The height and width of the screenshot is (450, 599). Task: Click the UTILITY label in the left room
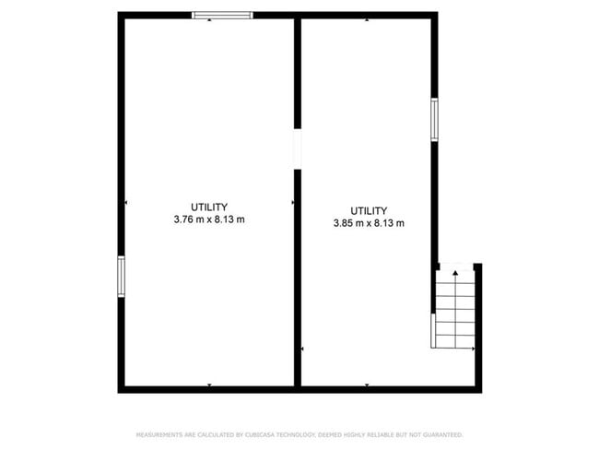click(x=209, y=207)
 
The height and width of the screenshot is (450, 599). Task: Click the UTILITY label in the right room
click(x=369, y=210)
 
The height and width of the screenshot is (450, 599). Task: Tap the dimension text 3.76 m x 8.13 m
click(x=209, y=219)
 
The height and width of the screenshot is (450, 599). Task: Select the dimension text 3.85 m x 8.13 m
click(x=369, y=223)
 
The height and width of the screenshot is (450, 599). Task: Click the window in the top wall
click(x=221, y=15)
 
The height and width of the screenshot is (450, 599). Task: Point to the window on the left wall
click(x=121, y=277)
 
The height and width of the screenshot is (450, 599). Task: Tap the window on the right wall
click(x=434, y=119)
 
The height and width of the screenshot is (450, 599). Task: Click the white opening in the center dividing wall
click(x=297, y=148)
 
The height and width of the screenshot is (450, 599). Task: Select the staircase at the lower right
click(x=454, y=309)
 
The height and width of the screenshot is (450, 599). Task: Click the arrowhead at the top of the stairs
click(x=455, y=274)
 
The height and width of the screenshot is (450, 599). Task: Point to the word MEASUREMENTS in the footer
click(x=159, y=434)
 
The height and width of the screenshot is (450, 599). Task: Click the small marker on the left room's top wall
click(x=210, y=19)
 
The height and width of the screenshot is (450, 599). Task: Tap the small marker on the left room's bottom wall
click(x=210, y=385)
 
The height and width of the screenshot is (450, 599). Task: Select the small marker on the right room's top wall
click(x=367, y=19)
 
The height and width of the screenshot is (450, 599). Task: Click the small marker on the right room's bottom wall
click(x=367, y=385)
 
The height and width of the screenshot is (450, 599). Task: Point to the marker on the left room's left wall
click(x=126, y=202)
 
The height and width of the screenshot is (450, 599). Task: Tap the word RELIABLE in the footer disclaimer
click(x=382, y=434)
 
